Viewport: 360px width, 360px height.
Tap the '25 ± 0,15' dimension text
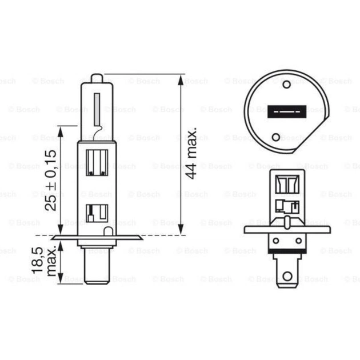51,178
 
